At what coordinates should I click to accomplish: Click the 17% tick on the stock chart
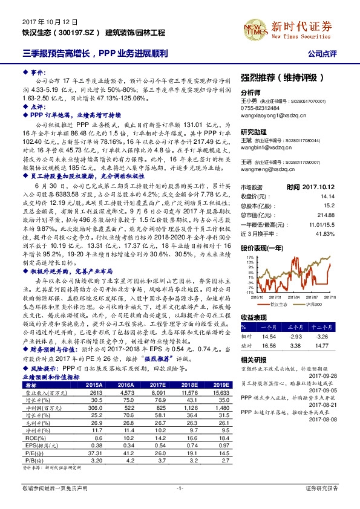249,240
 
